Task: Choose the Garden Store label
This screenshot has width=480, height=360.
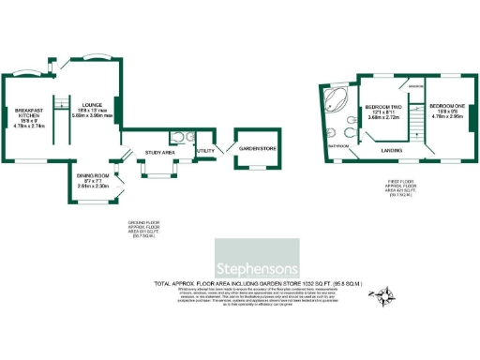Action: (253, 149)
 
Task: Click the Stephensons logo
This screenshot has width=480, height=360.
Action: (257, 255)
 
